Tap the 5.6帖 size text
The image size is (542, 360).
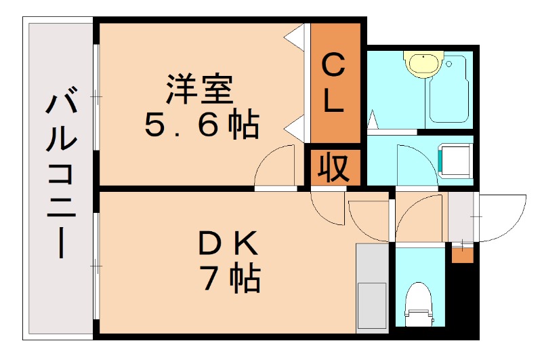pos(201,125)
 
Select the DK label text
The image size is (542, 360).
pos(228,243)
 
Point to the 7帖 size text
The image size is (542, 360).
pos(230,277)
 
